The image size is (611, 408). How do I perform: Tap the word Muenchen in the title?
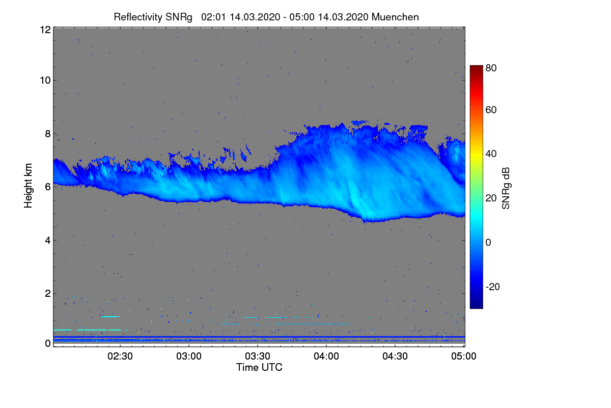[x=395, y=17]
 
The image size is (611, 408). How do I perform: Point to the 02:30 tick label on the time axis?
[x=120, y=356]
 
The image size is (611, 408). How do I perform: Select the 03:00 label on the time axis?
[x=189, y=356]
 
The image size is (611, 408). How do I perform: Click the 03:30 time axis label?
[x=258, y=356]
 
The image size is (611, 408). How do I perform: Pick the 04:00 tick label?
[x=326, y=356]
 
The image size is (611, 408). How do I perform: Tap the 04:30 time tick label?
[x=395, y=356]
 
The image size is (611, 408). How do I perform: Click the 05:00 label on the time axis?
[x=464, y=356]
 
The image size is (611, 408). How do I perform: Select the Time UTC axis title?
[x=259, y=367]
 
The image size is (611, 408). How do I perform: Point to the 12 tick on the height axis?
[x=45, y=30]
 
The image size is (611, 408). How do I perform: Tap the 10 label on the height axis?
[x=45, y=80]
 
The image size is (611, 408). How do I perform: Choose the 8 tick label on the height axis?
[x=47, y=134]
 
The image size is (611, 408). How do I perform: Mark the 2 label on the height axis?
[x=47, y=293]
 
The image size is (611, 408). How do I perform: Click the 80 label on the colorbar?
[x=491, y=67]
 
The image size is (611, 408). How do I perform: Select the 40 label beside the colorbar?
[x=491, y=154]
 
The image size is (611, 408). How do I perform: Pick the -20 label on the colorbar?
[x=493, y=287]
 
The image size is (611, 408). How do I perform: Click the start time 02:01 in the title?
[x=214, y=17]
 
